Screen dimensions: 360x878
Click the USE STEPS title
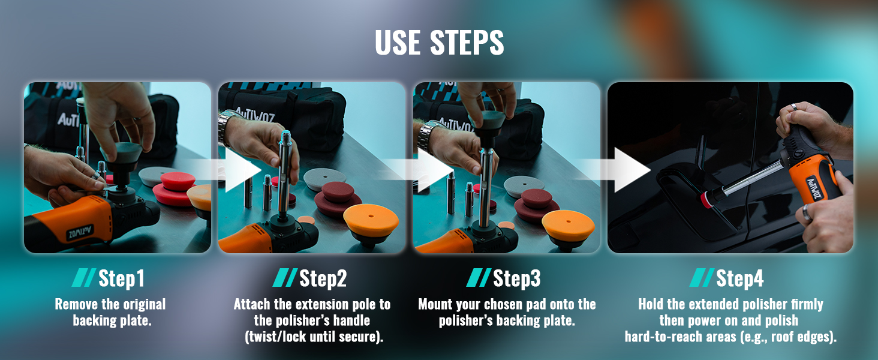[439, 43]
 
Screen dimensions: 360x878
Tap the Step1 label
[122, 278]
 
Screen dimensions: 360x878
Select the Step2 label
[323, 278]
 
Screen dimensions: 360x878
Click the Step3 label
[517, 278]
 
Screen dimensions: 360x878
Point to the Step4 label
[740, 278]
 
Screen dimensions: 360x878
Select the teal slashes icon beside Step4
[701, 278]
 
